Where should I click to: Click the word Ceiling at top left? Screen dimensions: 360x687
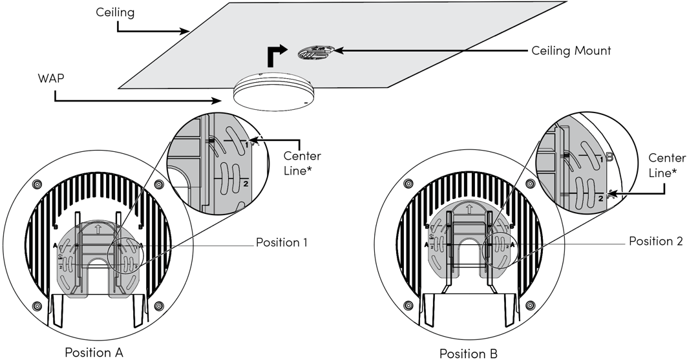click(115, 12)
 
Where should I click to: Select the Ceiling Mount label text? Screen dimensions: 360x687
click(571, 50)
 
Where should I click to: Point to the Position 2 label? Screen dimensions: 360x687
click(656, 240)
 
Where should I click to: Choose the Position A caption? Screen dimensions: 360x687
click(94, 352)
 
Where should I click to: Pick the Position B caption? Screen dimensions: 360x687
click(469, 353)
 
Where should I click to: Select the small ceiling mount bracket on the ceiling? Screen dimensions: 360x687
click(316, 53)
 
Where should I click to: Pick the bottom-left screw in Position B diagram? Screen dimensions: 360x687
click(408, 304)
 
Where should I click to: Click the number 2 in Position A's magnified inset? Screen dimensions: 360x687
click(246, 184)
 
